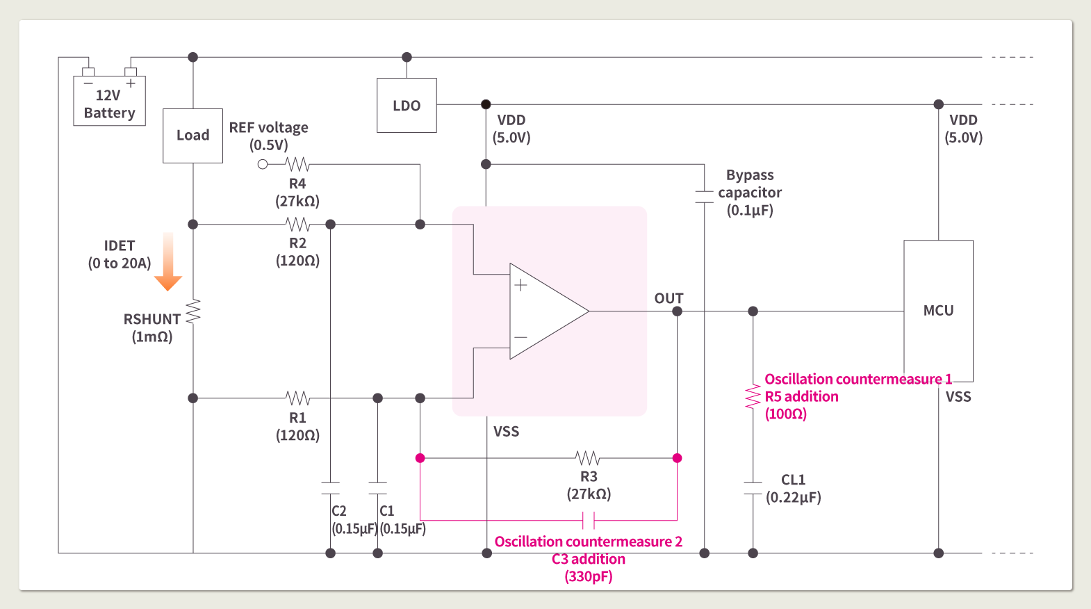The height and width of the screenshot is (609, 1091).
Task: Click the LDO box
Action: point(407,105)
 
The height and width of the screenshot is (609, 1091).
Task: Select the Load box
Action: point(192,136)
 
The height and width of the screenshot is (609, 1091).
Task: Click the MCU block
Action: point(938,310)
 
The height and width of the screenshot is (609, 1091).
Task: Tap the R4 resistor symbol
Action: point(298,165)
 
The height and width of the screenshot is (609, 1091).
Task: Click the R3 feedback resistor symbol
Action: point(588,458)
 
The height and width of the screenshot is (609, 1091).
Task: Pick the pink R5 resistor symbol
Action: point(753,397)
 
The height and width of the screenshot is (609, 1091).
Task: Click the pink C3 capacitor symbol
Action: point(589,520)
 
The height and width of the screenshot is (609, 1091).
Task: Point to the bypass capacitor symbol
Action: point(705,197)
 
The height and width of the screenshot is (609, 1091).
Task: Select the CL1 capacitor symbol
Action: point(753,488)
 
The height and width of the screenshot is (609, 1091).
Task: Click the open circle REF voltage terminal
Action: point(263,165)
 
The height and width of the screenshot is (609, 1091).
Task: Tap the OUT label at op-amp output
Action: point(668,298)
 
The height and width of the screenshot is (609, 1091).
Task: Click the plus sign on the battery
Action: point(131,83)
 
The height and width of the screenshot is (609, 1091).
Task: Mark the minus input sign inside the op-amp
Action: point(520,337)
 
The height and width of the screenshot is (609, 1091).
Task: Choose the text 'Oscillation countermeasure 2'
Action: point(588,542)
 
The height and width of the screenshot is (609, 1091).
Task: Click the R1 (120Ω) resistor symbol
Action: point(298,398)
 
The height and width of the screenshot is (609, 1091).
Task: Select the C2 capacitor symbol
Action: point(331,488)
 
